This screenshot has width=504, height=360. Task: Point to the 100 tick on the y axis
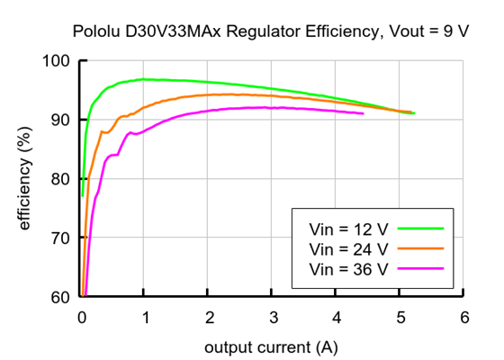(58, 61)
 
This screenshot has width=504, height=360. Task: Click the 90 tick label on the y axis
(61, 120)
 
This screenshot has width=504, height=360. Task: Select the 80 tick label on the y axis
(61, 179)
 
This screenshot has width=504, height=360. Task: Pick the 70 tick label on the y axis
(61, 238)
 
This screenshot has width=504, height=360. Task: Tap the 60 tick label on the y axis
(61, 296)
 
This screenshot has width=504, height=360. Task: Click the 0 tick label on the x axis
(82, 317)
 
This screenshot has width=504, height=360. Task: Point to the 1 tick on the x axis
(146, 317)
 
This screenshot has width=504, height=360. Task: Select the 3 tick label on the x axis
(273, 317)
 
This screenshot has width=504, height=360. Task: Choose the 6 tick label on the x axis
(463, 317)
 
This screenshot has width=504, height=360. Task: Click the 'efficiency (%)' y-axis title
(25, 179)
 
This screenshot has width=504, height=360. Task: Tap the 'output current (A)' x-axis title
(272, 346)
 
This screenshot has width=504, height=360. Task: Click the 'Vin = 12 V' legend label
(348, 229)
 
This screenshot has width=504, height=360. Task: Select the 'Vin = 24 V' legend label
(348, 248)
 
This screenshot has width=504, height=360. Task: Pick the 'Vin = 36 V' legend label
(348, 268)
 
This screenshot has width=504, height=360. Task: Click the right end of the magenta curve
(363, 113)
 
